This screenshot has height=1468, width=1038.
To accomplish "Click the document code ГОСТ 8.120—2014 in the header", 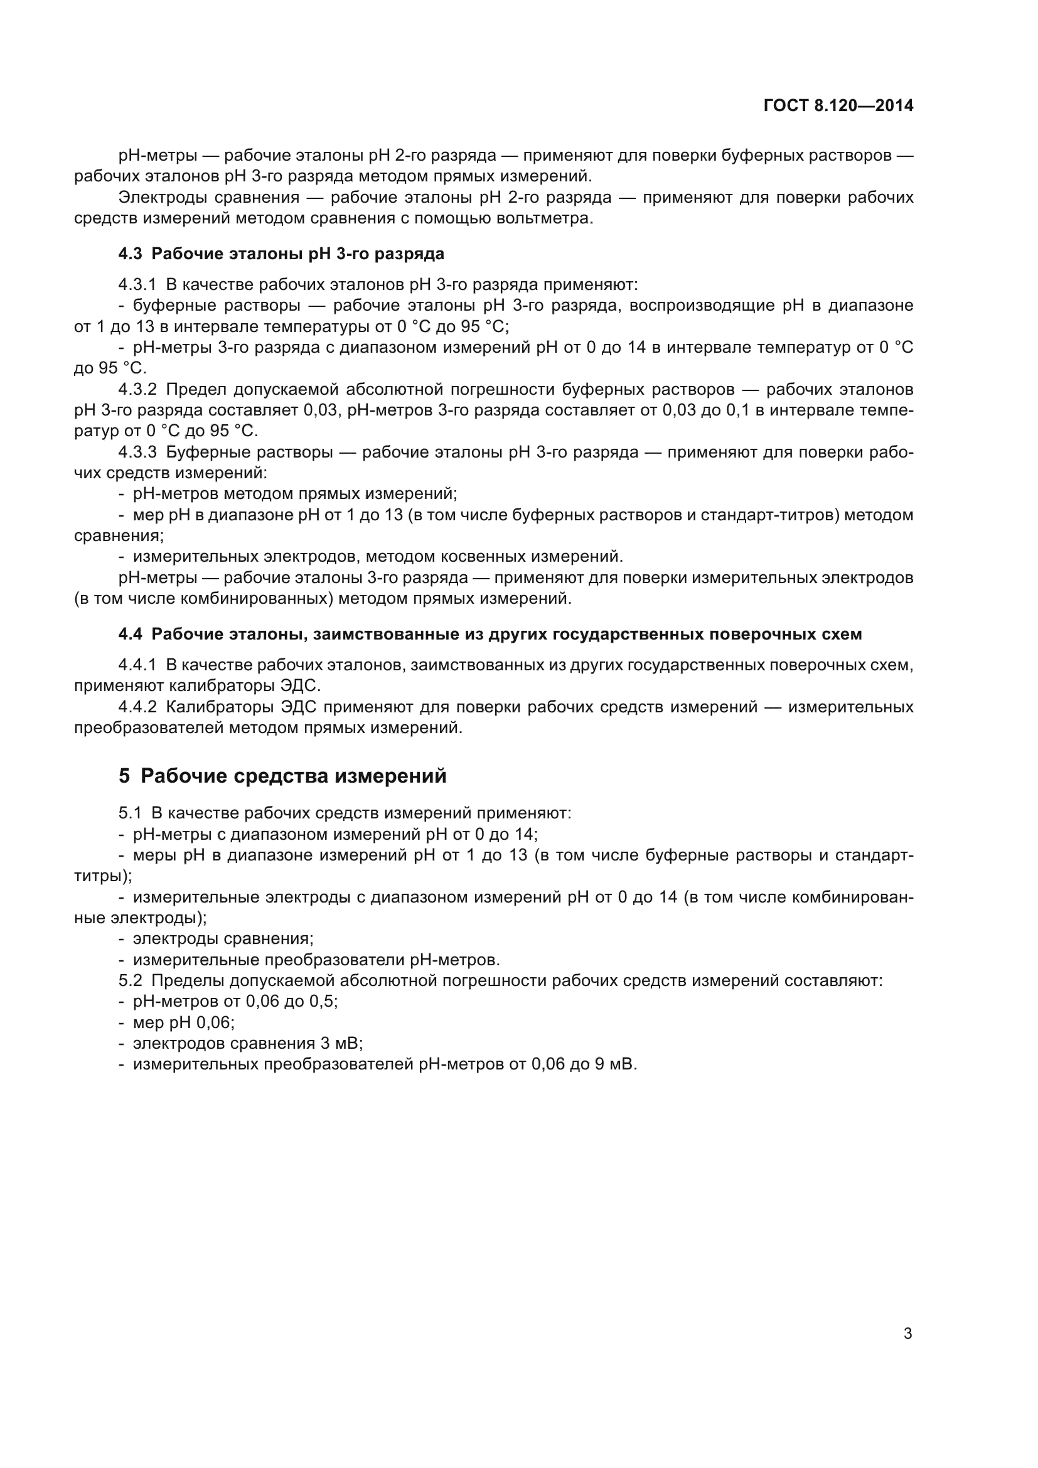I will pos(838,106).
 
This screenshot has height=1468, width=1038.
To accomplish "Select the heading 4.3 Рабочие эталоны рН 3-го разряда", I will pos(281,254).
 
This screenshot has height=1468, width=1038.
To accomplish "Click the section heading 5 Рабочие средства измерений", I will pos(282,776).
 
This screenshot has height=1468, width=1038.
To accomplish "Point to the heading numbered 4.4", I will pos(490,635).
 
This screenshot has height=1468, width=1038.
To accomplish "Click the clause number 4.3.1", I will pos(137,284).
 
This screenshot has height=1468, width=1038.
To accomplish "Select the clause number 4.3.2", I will pos(137,389).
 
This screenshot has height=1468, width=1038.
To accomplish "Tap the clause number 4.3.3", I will pos(137,452).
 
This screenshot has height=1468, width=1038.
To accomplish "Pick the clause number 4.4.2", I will pos(137,707).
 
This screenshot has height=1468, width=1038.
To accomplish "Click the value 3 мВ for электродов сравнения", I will pos(341,1044).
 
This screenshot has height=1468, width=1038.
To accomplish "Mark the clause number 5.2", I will pos(130,981).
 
